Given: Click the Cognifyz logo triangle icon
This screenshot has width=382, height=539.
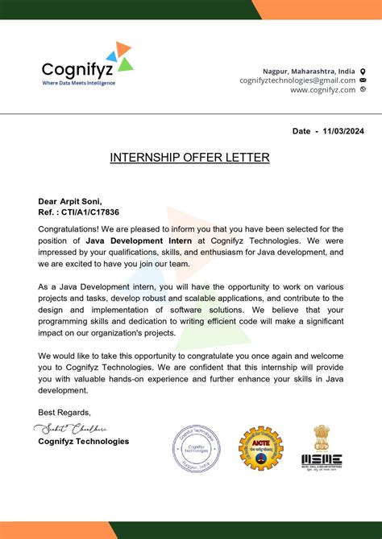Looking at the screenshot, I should point(122,57).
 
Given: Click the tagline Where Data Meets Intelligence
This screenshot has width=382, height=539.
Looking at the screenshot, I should point(78,83).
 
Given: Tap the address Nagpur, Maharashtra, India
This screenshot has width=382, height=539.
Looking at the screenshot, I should point(309,71).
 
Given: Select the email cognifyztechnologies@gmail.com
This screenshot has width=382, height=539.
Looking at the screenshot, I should point(297,80).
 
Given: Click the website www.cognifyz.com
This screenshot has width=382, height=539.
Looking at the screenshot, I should point(322,90).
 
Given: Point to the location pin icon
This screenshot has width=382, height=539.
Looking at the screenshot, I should point(363,71).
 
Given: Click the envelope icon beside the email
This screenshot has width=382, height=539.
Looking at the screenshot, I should point(363,80).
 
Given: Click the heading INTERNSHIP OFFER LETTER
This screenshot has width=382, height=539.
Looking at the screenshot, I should point(190,158).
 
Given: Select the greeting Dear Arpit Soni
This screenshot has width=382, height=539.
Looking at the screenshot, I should point(70,201).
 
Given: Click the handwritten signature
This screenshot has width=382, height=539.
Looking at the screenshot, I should point(72,428).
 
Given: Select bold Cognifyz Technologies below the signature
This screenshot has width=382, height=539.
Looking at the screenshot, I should point(83,442).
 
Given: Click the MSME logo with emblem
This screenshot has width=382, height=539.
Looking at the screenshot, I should point(322,447).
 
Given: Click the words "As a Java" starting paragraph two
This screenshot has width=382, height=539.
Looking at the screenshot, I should point(60,286).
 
